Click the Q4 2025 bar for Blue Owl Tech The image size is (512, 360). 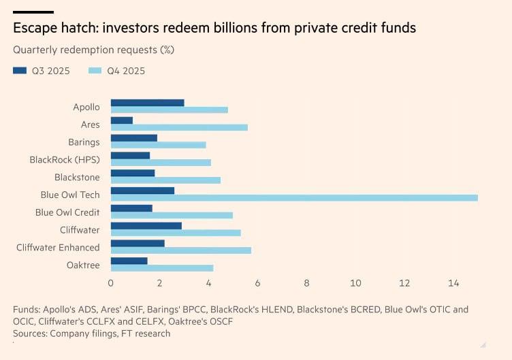(x=294, y=198)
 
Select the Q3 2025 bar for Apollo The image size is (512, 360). (x=147, y=103)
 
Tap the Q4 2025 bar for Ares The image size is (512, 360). (x=179, y=127)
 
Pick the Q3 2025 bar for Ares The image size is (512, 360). (x=122, y=120)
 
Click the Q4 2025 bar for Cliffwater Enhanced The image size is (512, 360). (x=180, y=250)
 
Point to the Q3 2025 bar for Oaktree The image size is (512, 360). (x=129, y=261)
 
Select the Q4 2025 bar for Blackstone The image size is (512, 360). (x=165, y=180)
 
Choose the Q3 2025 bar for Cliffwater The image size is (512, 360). (x=146, y=225)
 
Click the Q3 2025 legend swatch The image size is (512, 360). (x=20, y=71)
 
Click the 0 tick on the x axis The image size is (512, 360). (x=111, y=282)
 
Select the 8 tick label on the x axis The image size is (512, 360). (x=307, y=282)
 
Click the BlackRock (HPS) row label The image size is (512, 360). (x=65, y=160)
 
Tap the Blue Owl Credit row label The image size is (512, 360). (x=67, y=212)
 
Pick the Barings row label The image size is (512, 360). (x=84, y=142)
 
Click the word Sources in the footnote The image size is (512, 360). (x=31, y=333)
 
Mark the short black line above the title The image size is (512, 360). (x=33, y=12)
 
